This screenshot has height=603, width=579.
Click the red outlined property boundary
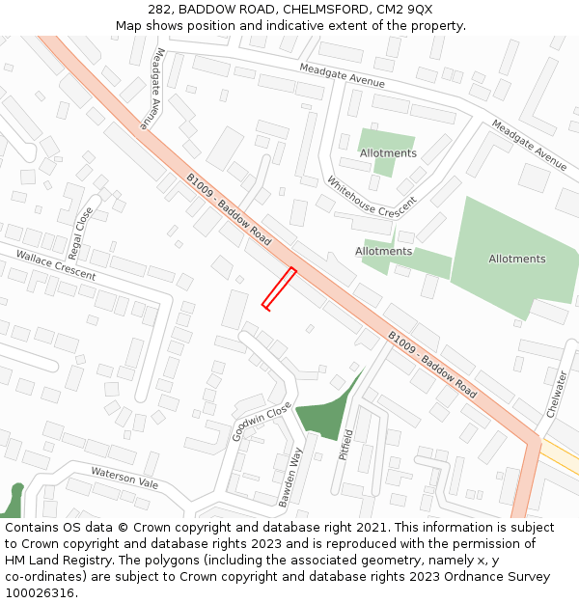coord(279,288)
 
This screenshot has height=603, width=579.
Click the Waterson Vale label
coord(124,476)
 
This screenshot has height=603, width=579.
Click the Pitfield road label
coord(347,445)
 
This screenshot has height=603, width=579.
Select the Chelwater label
coord(557,394)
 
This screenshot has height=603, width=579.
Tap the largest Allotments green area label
coord(516,259)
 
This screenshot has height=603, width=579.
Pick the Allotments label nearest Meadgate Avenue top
coord(388,153)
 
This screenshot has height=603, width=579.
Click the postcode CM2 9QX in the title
coord(405,10)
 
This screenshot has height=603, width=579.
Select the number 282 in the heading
coord(160,10)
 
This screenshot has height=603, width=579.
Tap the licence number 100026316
coord(41,592)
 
